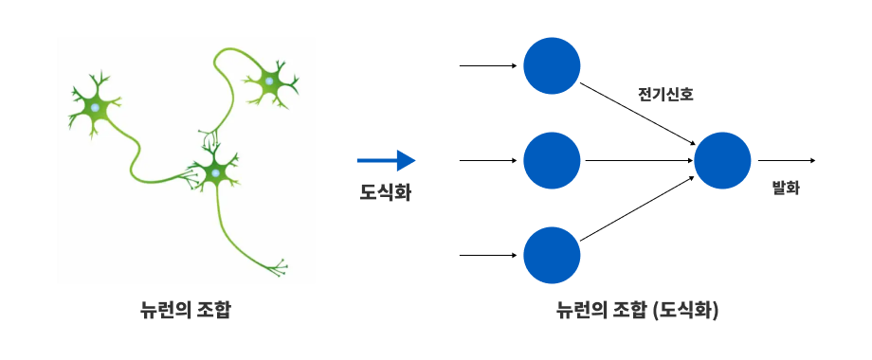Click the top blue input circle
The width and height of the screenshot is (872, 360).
[552, 65]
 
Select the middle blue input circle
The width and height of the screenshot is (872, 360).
[552, 160]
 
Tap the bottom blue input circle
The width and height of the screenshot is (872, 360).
[552, 256]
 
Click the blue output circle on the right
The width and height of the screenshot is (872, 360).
[722, 160]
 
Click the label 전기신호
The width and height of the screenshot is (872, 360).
[665, 94]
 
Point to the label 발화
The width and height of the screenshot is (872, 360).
[786, 188]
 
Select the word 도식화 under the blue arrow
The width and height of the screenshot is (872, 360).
[386, 192]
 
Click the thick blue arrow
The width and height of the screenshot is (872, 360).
[386, 160]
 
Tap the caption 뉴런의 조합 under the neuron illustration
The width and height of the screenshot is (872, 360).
[185, 310]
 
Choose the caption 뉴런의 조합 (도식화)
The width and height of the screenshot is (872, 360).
[637, 310]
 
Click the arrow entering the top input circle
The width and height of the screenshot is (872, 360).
[488, 65]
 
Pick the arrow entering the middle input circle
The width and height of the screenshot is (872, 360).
[488, 160]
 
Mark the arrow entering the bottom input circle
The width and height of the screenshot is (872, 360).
[488, 256]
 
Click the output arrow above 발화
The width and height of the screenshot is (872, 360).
[787, 160]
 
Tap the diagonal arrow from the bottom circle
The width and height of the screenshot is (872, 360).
[637, 208]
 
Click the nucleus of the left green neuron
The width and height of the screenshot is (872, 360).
[96, 107]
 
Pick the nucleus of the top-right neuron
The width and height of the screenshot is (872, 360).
[269, 81]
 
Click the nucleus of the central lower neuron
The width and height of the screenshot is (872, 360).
[215, 174]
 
